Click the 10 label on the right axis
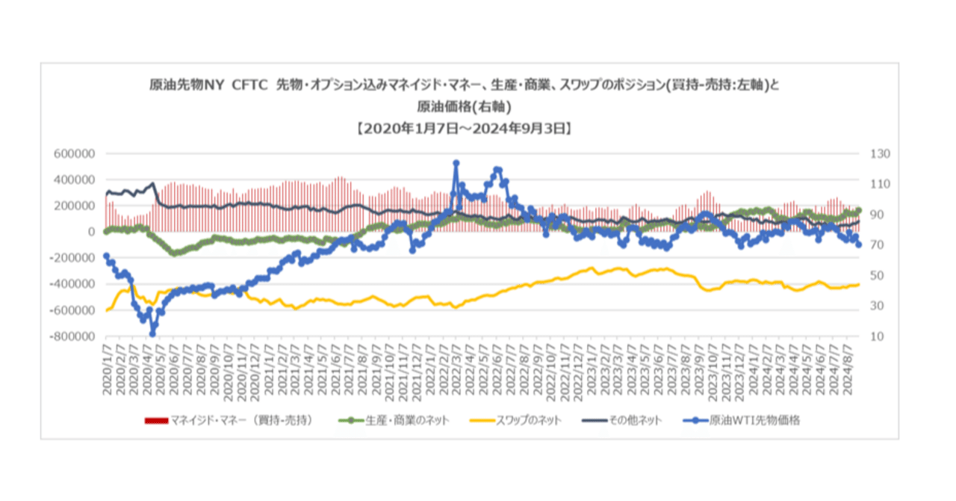tap(874, 336)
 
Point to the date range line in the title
tap(464, 128)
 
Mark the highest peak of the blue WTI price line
tap(456, 162)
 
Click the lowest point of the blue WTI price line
tap(152, 334)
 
